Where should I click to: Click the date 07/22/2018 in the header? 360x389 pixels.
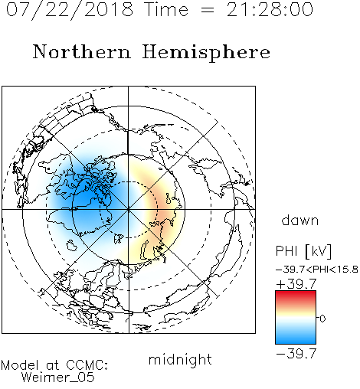(70, 10)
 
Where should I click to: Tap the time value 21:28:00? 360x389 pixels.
(270, 9)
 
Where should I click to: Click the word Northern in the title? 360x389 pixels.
(82, 52)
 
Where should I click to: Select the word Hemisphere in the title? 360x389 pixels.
(206, 53)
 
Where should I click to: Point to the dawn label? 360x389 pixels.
(300, 221)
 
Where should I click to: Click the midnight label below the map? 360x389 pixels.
(180, 360)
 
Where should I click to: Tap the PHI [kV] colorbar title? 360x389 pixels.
(303, 251)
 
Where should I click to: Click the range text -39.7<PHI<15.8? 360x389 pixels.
(316, 270)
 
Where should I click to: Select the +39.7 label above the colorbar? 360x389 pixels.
(296, 284)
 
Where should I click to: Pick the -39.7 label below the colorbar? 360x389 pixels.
(296, 354)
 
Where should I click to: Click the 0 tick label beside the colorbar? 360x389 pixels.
(322, 319)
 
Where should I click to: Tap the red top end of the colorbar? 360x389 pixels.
(296, 293)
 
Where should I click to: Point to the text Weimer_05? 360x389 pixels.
(58, 378)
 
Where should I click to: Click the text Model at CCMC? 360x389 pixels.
(54, 365)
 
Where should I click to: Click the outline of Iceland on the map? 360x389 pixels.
(72, 245)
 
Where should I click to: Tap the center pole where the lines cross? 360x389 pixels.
(128, 209)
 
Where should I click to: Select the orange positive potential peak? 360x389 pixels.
(163, 212)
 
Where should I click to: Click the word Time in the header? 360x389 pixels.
(166, 9)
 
